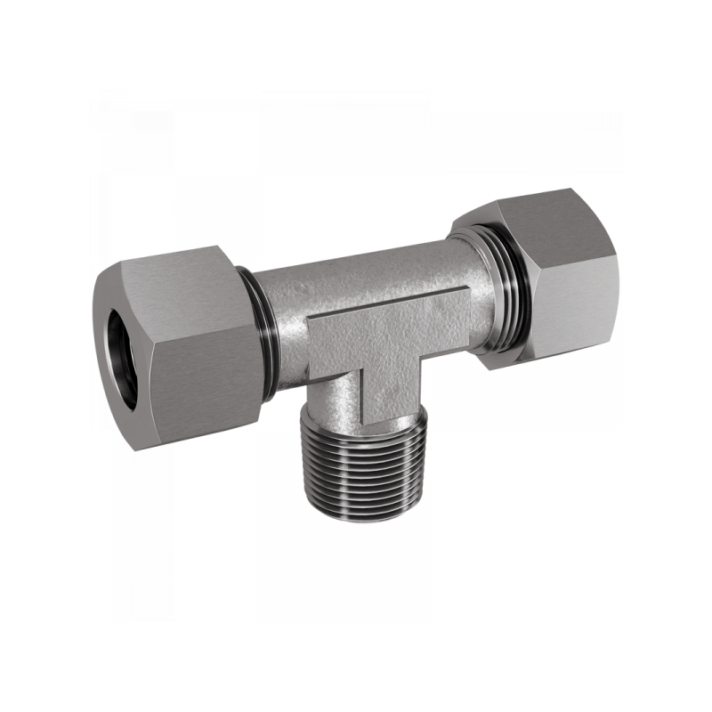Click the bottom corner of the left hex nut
133,445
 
